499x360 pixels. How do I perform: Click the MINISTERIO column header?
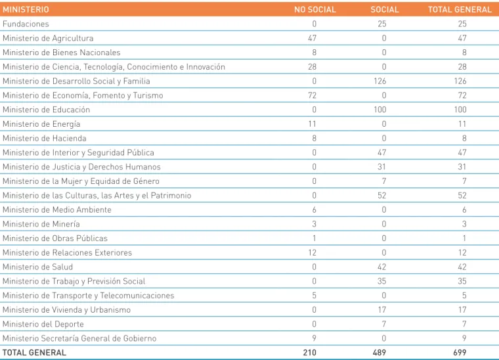pyautogui.click(x=26, y=10)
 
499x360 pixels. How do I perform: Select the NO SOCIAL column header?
pyautogui.click(x=315, y=10)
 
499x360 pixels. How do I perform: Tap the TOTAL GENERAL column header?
pyautogui.click(x=460, y=10)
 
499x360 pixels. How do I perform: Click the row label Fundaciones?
pyautogui.click(x=26, y=24)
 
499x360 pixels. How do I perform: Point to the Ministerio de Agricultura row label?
pyautogui.click(x=48, y=38)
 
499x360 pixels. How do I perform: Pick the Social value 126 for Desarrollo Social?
pyautogui.click(x=380, y=81)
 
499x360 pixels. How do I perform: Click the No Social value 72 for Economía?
pyautogui.click(x=312, y=95)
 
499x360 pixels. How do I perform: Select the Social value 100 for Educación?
pyautogui.click(x=380, y=110)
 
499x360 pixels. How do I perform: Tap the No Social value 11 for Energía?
pyautogui.click(x=312, y=124)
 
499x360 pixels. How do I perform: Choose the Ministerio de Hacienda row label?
pyautogui.click(x=45, y=139)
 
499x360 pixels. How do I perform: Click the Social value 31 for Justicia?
pyautogui.click(x=381, y=167)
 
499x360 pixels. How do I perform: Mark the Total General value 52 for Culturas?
pyautogui.click(x=462, y=195)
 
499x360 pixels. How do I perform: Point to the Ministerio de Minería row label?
pyautogui.click(x=41, y=224)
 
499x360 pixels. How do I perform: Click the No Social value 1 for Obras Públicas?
pyautogui.click(x=315, y=238)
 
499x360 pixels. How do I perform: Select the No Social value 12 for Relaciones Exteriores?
pyautogui.click(x=312, y=253)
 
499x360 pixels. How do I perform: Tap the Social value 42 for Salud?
pyautogui.click(x=381, y=267)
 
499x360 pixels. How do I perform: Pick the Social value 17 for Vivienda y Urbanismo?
pyautogui.click(x=382, y=309)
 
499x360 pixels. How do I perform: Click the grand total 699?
pyautogui.click(x=460, y=353)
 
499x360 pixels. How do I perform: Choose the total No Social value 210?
pyautogui.click(x=310, y=353)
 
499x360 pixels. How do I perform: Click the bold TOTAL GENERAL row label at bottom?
pyautogui.click(x=34, y=353)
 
